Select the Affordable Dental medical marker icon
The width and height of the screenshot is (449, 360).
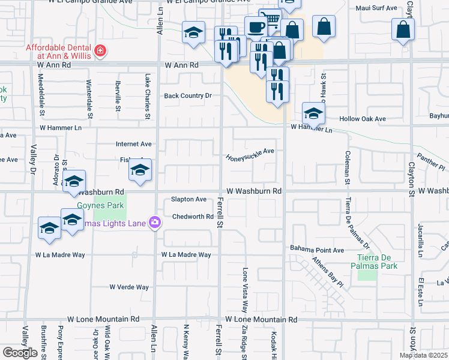[x=100, y=51]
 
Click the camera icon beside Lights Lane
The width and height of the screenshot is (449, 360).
[x=155, y=223]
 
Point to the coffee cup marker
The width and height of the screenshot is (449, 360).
[x=256, y=27]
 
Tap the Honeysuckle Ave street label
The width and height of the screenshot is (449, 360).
[x=250, y=155]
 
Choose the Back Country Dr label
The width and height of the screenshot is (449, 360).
[x=188, y=95]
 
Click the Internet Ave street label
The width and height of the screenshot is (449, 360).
[x=134, y=144]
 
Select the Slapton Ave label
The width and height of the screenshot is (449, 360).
[x=188, y=199]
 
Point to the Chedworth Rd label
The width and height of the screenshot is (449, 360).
[x=193, y=217]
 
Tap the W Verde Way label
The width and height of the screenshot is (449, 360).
[x=129, y=287]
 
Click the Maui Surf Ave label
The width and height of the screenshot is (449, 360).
[x=376, y=8]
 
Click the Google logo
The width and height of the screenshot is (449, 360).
[x=20, y=353]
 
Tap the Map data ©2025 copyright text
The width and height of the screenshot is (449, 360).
[x=423, y=355]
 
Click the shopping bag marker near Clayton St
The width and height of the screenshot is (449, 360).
[x=403, y=28]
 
